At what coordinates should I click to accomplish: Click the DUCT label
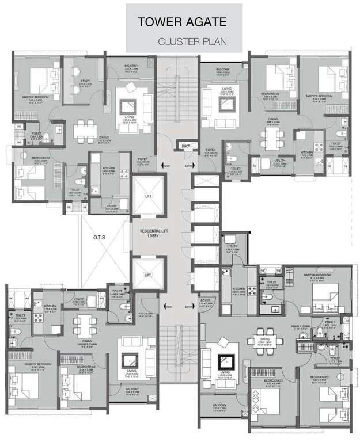185,146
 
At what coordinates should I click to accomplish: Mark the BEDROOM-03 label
262,381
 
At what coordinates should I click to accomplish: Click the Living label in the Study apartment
128,120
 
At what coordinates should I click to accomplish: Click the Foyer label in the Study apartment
143,161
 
